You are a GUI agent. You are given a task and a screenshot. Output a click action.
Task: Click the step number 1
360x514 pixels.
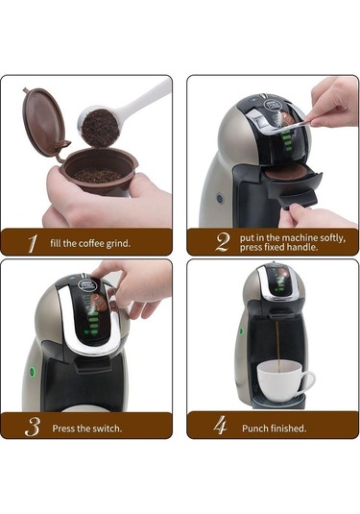click(32, 243)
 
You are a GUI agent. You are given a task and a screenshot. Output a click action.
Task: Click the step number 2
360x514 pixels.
click(223, 241)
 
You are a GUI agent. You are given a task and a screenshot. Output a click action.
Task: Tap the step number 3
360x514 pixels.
click(32, 426)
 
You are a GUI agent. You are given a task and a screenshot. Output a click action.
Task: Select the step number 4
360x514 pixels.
click(222, 426)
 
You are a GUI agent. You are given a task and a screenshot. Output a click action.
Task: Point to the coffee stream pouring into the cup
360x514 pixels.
click(277, 346)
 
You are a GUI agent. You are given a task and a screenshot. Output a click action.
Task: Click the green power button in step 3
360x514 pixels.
click(32, 372)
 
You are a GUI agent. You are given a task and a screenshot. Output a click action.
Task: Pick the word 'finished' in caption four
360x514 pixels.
click(291, 427)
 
